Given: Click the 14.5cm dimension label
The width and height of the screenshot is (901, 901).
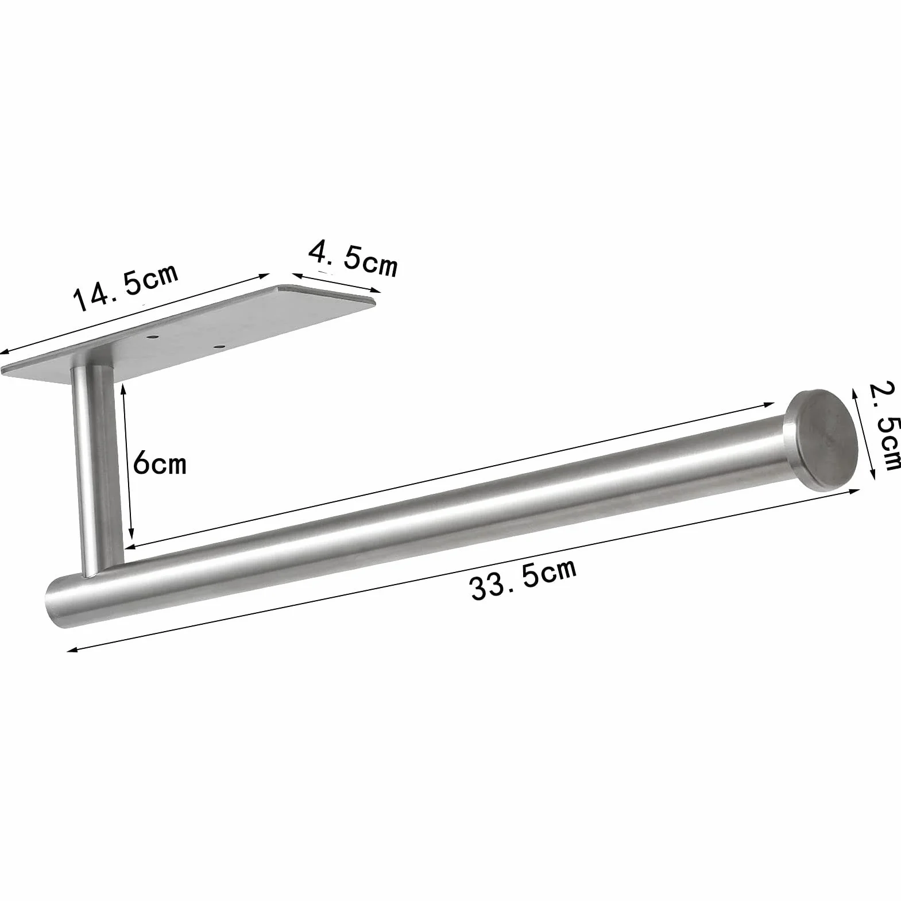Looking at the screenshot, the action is point(126,287).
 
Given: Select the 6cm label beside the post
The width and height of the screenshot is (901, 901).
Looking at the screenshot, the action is point(160,462).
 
